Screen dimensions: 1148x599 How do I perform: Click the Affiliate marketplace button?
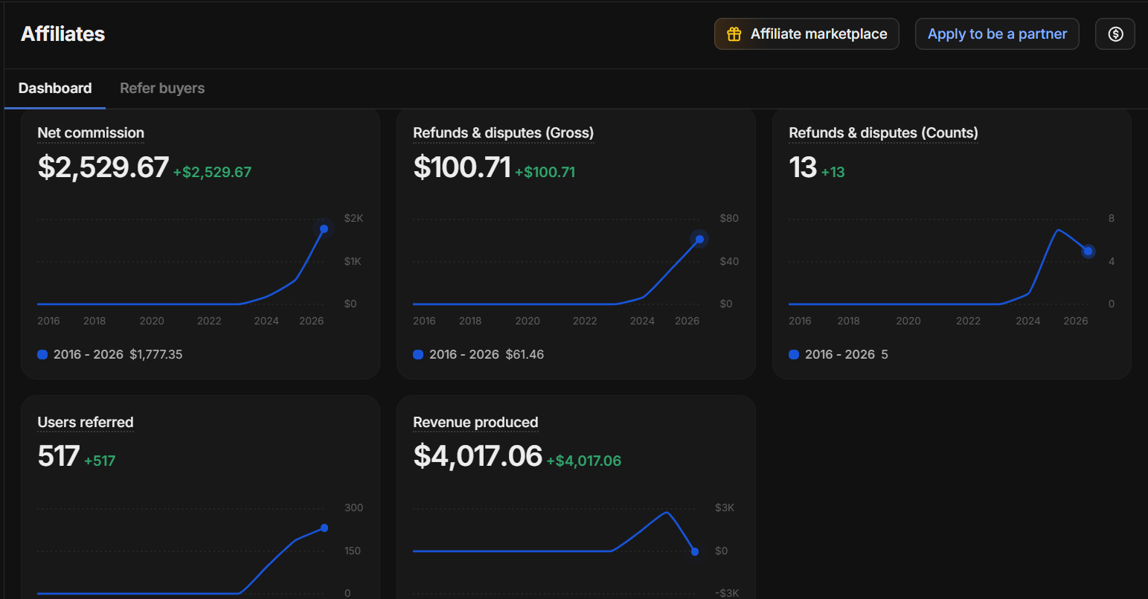point(807,33)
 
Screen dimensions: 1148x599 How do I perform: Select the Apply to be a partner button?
point(997,33)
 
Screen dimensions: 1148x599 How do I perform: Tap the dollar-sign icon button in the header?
point(1115,33)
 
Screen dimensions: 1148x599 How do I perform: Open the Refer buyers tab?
point(162,88)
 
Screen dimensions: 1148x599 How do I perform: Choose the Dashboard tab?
point(55,88)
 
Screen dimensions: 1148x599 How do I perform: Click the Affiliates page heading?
point(62,33)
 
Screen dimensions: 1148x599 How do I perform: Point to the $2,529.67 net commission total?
point(103,167)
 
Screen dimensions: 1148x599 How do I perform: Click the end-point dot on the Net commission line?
point(324,228)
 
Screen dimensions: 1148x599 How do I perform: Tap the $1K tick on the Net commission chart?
point(353,261)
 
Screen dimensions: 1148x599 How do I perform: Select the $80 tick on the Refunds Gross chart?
point(729,218)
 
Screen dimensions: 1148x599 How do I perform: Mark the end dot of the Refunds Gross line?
point(699,240)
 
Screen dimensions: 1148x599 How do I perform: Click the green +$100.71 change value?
point(545,172)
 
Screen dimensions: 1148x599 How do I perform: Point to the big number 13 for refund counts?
point(803,167)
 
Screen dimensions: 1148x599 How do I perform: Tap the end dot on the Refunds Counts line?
point(1088,251)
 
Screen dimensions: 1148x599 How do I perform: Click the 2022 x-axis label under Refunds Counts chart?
point(968,321)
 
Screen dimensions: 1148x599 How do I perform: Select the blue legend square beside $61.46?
point(418,355)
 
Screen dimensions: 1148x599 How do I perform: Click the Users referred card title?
point(85,422)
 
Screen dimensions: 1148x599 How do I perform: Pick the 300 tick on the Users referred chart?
point(353,507)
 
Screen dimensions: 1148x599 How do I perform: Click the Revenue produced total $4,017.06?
point(478,456)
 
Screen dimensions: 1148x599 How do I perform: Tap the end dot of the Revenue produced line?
point(695,552)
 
